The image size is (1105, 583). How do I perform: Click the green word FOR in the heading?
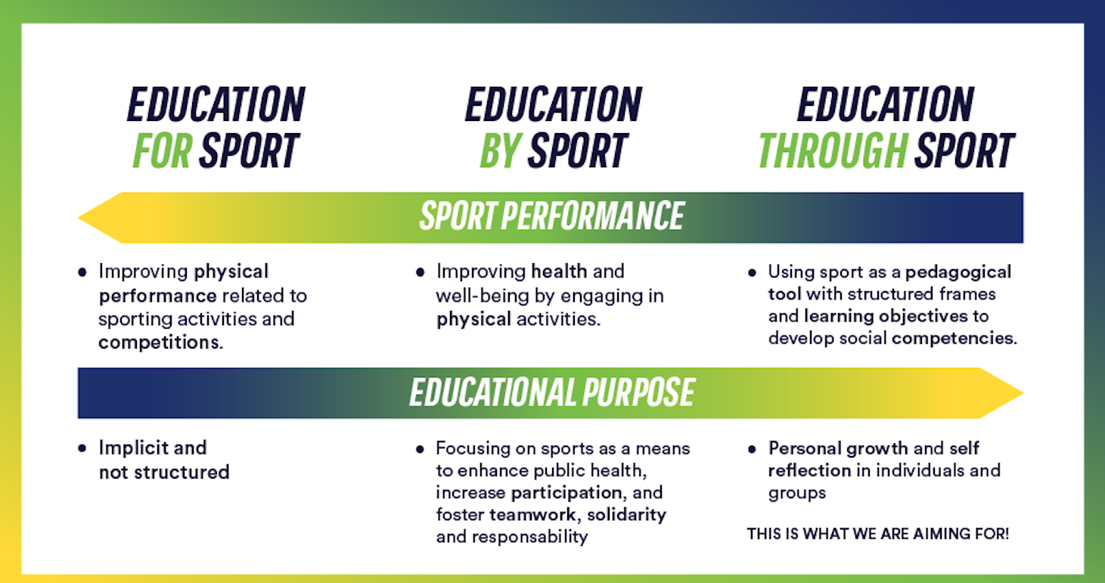tap(163, 150)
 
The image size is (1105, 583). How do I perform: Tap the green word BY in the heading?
tap(501, 150)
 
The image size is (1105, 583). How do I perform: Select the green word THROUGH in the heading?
tap(833, 150)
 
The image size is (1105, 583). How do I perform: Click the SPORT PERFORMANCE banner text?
tap(551, 216)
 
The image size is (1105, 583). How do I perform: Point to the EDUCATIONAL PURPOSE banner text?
tap(552, 392)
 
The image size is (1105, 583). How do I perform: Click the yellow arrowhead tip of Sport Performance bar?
tap(79, 218)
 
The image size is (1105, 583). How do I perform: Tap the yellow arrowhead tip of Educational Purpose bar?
tap(1023, 393)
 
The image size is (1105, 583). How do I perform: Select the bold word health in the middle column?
tap(559, 271)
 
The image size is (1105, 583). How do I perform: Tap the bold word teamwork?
tap(532, 514)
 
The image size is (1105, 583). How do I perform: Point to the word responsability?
tap(529, 537)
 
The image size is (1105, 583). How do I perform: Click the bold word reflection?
tap(809, 470)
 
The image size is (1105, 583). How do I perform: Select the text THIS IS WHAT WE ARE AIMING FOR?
tap(878, 534)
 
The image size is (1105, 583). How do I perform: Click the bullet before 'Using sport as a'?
tap(752, 273)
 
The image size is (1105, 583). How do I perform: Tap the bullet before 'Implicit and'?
tap(82, 448)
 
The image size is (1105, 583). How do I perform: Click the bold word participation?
tap(566, 493)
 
